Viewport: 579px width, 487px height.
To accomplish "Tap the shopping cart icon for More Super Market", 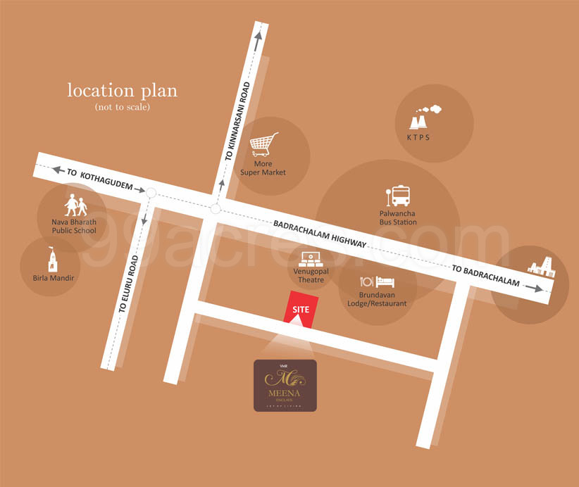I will pos(265,145).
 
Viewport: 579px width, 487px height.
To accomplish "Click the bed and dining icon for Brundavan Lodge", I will pos(377,283).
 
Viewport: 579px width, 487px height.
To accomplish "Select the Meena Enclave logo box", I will pos(285,385).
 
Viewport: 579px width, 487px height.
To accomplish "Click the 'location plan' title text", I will pos(122,91).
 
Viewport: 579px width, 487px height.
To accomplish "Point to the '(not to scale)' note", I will pos(123,108).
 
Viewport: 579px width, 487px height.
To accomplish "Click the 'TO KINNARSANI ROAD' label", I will pos(237,123).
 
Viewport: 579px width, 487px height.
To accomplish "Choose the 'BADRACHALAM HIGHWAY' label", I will pos(320,233).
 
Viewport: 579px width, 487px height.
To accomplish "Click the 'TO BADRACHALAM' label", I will pos(485,276).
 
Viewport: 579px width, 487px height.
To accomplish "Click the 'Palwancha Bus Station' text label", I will pos(398,217).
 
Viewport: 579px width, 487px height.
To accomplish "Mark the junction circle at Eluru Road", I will pos(151,191).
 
